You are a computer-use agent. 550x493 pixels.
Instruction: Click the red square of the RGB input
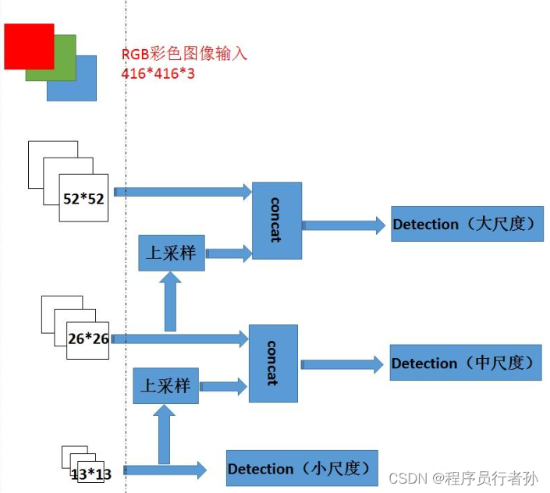(29, 45)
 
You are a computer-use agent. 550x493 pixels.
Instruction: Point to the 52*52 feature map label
(83, 198)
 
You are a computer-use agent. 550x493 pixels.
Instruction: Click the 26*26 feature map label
(88, 339)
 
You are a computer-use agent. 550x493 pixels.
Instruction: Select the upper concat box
(276, 221)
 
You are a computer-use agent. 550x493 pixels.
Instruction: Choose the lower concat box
(272, 363)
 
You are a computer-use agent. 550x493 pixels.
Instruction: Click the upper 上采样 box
(172, 252)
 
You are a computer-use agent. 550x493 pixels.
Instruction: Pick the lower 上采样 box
(165, 385)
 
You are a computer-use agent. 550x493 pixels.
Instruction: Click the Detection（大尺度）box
(467, 224)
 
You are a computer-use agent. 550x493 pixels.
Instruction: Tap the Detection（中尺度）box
(465, 363)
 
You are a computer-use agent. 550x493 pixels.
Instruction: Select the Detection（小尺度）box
(301, 469)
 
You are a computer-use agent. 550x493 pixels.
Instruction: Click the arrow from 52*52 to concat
(183, 190)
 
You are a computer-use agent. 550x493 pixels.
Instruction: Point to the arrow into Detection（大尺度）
(343, 225)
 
